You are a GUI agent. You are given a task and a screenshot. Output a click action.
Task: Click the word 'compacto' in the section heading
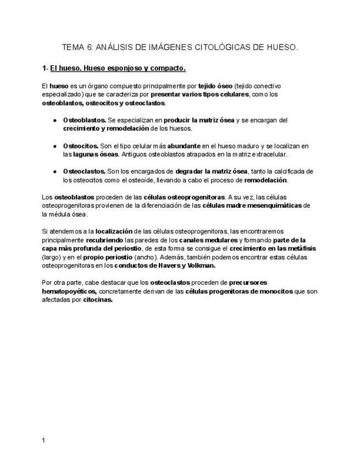point(168,69)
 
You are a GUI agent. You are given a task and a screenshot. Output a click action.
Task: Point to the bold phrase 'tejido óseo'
point(215,86)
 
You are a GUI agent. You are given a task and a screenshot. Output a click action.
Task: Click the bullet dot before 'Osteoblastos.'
point(55,120)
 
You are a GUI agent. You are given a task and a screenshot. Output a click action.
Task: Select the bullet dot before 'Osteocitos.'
point(55,146)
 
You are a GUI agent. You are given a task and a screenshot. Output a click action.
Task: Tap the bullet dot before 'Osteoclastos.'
point(55,171)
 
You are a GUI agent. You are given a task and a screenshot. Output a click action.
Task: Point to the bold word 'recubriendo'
point(104,240)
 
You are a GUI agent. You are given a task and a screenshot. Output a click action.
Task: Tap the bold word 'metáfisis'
point(302,248)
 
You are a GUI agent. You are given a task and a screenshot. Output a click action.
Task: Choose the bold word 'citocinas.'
point(98,300)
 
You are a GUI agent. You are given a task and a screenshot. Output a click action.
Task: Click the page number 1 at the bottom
point(44,440)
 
